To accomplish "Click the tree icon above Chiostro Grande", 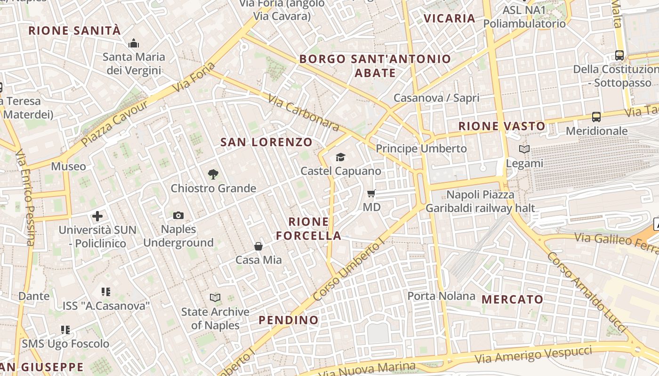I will [213, 174].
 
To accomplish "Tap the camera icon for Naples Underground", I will [178, 215].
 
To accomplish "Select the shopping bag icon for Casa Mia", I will [258, 246].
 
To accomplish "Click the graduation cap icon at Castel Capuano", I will [340, 157].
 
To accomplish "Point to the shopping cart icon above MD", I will [371, 193].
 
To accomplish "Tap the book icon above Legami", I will [524, 149].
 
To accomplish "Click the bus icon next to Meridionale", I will [596, 117].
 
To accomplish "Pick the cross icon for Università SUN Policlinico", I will [97, 216].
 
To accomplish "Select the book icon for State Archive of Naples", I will [215, 298].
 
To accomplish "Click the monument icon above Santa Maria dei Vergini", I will [134, 44].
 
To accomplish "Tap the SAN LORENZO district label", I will [266, 142].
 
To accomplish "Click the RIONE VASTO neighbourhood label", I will [502, 126].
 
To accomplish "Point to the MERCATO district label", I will [513, 299].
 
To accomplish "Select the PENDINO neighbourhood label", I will [289, 320].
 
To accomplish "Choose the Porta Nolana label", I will [441, 296].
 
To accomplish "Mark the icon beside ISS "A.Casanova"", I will [106, 292].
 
